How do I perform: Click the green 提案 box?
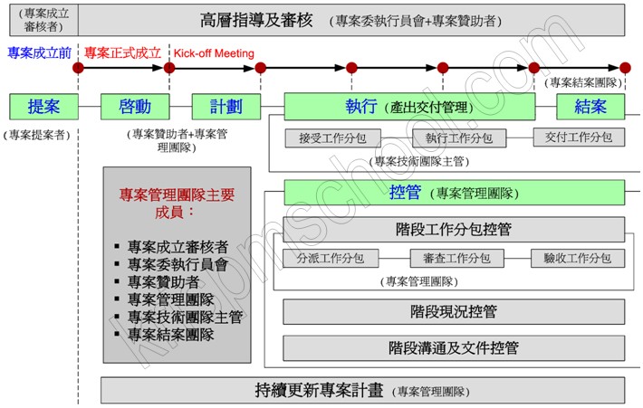(x=43, y=107)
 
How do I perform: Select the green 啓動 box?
(x=135, y=107)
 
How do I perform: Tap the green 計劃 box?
(x=226, y=107)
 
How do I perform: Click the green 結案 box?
(x=600, y=107)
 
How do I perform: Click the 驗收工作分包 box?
(x=577, y=259)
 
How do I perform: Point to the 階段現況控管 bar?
(x=453, y=312)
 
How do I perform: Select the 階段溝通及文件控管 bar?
(x=453, y=347)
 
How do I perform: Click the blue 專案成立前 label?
(x=39, y=53)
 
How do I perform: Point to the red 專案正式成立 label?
(x=122, y=53)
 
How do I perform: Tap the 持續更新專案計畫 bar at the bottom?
(x=362, y=391)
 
